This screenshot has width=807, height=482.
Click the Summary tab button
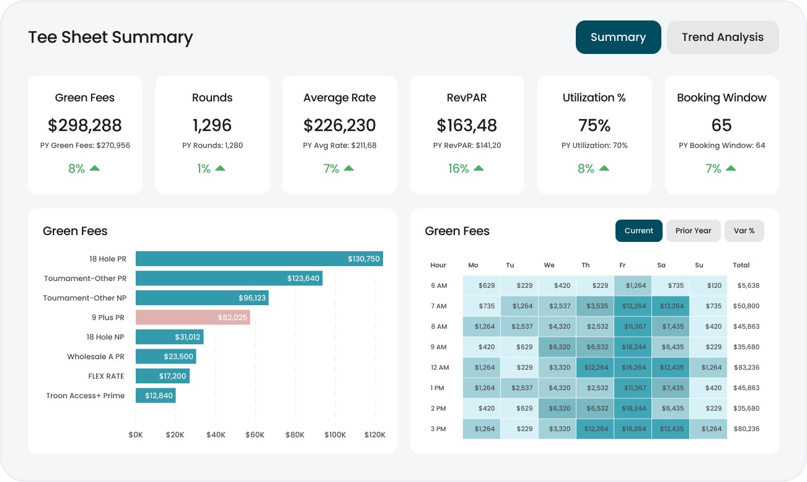click(618, 37)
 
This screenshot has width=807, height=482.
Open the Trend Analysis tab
click(722, 37)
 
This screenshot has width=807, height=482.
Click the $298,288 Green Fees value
click(85, 125)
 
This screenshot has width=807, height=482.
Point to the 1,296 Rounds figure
click(212, 125)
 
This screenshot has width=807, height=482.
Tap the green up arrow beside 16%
click(479, 168)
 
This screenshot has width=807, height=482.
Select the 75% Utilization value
click(594, 125)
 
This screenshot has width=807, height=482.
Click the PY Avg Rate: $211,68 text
click(340, 146)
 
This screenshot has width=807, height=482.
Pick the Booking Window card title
click(721, 98)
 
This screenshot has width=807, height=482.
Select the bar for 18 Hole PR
click(259, 259)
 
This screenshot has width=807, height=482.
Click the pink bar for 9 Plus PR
click(193, 318)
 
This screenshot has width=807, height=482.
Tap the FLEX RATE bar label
click(106, 377)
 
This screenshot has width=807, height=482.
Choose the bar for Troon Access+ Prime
click(156, 396)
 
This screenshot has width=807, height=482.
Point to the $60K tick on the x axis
click(255, 435)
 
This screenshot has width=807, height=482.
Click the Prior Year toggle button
click(693, 231)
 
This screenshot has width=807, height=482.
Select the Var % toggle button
click(744, 231)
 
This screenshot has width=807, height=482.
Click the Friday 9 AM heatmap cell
click(633, 347)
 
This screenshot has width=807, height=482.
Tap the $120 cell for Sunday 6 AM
click(708, 286)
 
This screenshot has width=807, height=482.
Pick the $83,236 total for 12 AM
click(746, 368)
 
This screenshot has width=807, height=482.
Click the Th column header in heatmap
click(586, 266)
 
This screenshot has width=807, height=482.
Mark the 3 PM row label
click(438, 429)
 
